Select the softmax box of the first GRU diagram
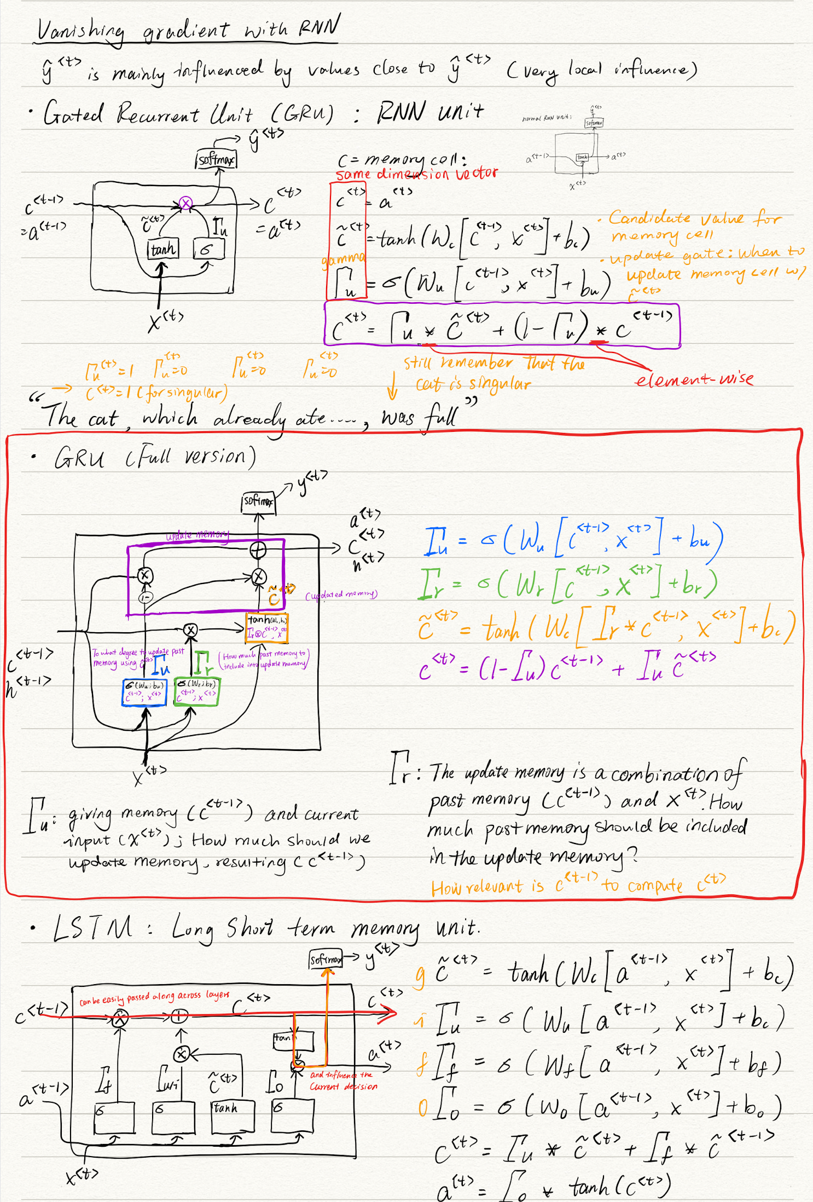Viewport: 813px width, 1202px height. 216,159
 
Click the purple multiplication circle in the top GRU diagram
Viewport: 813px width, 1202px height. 186,204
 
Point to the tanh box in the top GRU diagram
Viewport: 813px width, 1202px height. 162,250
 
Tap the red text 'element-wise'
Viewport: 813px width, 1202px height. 694,379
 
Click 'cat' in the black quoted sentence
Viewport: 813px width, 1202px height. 103,419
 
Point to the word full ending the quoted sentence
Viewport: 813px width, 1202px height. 441,418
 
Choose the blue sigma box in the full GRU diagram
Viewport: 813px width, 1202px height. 144,692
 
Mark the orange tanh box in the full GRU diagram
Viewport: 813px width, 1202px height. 267,627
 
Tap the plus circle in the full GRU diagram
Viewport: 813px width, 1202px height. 258,549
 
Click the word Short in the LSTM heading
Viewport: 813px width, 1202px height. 249,928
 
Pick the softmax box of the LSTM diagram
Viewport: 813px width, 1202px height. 326,959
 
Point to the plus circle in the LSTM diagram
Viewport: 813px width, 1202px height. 178,1016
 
